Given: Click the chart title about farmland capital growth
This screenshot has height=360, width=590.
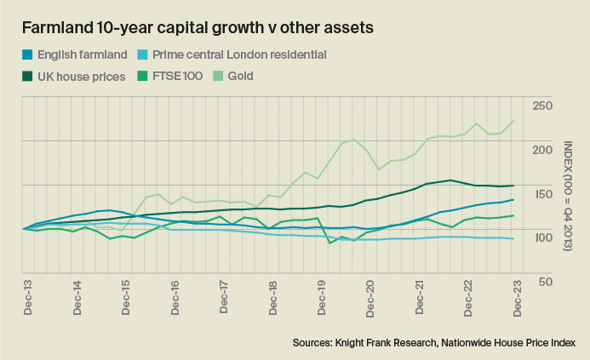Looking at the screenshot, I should point(198,27).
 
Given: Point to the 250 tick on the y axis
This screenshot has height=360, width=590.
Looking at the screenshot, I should point(541,106).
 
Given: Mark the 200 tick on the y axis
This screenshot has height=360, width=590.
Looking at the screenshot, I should point(541,150).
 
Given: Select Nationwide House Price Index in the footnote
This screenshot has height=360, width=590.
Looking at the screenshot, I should point(522,341).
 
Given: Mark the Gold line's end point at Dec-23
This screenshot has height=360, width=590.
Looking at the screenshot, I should point(513,121).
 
